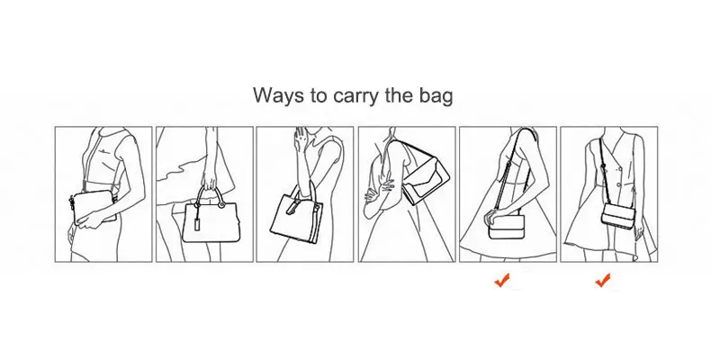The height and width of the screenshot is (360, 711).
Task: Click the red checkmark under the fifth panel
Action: pos(502,281)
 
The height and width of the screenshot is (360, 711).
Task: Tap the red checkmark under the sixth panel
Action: pos(603,281)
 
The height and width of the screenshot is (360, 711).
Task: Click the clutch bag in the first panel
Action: pos(94,207)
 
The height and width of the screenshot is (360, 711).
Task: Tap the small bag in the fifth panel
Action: pos(506,227)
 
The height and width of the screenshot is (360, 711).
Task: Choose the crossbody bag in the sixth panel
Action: pos(619,213)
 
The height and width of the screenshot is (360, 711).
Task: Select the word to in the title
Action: pos(319,96)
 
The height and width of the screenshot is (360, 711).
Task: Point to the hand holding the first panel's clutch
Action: pos(89,220)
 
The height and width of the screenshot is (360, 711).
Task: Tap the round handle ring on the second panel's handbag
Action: pos(222,205)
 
